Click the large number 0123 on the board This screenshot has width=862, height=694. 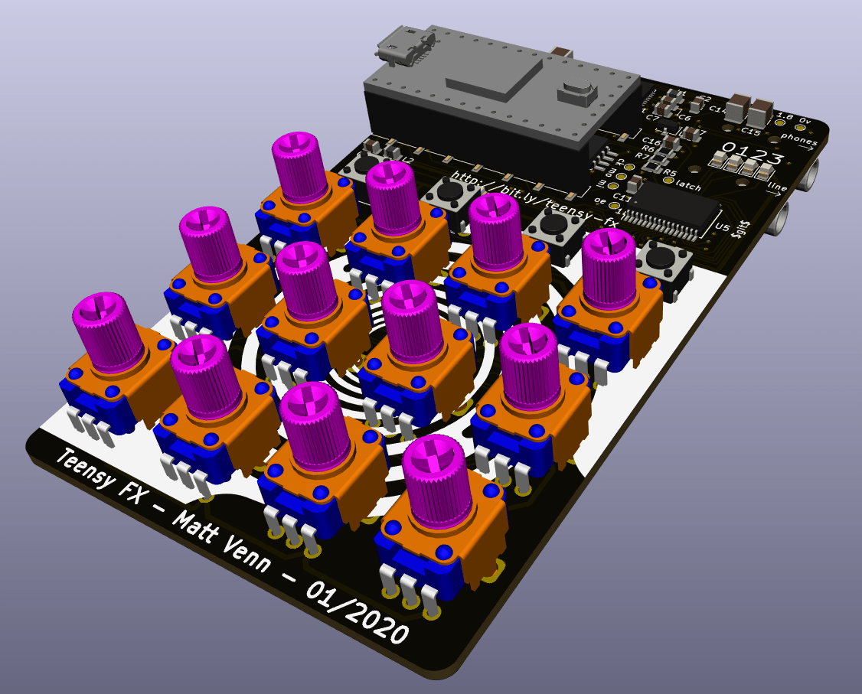coord(753,152)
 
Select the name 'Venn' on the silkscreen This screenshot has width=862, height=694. coord(250,558)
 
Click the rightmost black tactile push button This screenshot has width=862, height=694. coord(662,260)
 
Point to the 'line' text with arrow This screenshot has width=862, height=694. coord(777,188)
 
